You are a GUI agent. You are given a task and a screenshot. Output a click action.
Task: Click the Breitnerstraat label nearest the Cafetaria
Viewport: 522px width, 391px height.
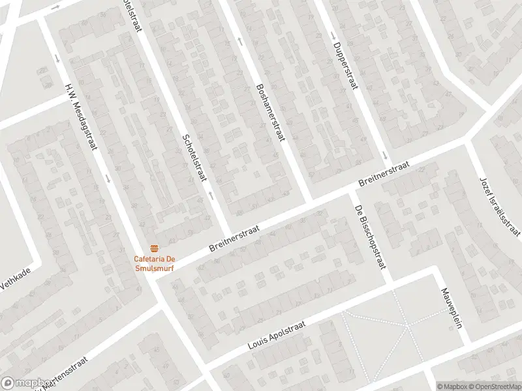click(x=235, y=239)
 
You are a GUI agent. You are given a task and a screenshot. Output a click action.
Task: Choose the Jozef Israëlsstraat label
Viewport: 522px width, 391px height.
click(x=500, y=206)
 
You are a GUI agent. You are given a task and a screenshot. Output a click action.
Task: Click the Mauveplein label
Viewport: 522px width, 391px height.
click(x=451, y=308)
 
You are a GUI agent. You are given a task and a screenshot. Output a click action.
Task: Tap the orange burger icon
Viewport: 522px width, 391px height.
click(x=155, y=248)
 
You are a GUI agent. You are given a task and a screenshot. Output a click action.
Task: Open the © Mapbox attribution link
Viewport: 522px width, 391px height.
click(x=452, y=386)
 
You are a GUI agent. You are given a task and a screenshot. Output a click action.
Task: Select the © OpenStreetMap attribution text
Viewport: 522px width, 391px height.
click(x=494, y=386)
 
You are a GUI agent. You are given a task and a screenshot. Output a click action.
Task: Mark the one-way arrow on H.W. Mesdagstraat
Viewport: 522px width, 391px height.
click(x=57, y=57)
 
